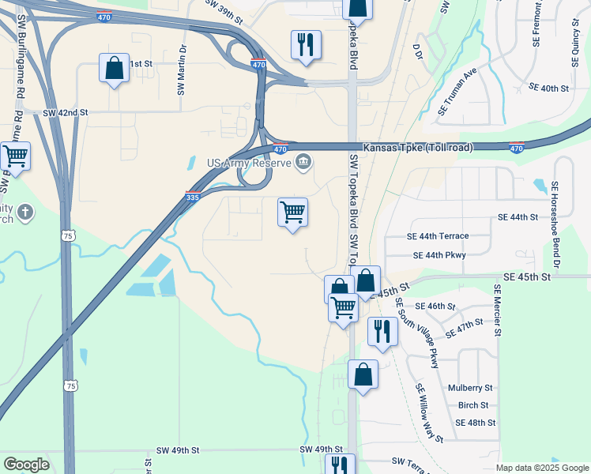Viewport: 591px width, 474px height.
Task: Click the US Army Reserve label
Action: pos(249,164)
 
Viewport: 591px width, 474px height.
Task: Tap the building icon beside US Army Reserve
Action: pos(303,164)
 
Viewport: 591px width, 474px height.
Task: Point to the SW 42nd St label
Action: pos(66,113)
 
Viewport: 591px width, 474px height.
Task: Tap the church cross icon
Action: pos(25,212)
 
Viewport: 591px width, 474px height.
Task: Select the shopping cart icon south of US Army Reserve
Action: pos(293,213)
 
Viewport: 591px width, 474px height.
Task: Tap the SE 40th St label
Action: pos(548,88)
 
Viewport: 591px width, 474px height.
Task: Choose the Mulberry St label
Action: pos(470,388)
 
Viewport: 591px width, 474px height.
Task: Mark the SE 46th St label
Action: pos(435,306)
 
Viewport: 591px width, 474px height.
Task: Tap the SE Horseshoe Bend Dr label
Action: pos(555,225)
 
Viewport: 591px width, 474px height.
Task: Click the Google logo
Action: pos(26,465)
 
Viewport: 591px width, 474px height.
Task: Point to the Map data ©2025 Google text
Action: pos(542,468)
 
